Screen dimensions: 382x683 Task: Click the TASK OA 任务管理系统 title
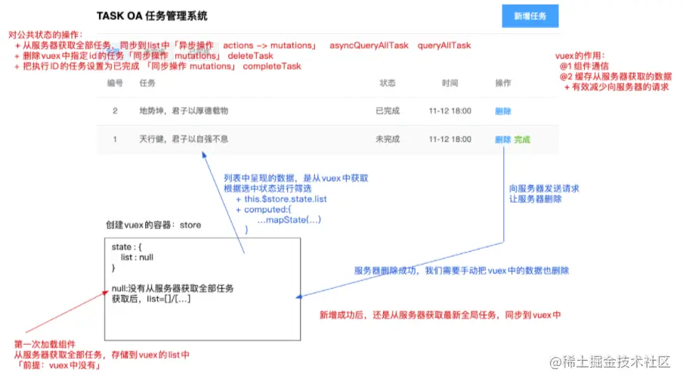click(x=152, y=15)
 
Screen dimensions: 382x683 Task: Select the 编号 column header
click(x=115, y=83)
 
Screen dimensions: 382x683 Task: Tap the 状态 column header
click(x=388, y=83)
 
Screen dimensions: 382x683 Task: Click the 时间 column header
click(x=450, y=83)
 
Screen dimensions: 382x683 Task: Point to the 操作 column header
click(x=502, y=83)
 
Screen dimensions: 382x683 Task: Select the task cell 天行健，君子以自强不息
click(x=184, y=139)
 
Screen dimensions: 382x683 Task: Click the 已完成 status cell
click(x=388, y=111)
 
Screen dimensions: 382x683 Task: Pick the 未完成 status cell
click(x=388, y=139)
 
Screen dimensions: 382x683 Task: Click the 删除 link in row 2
click(x=503, y=111)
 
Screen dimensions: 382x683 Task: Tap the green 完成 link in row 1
click(x=522, y=139)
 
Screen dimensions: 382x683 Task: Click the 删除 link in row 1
click(x=503, y=139)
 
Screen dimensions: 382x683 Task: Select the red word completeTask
click(x=272, y=67)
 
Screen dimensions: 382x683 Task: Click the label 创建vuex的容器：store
click(x=153, y=225)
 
